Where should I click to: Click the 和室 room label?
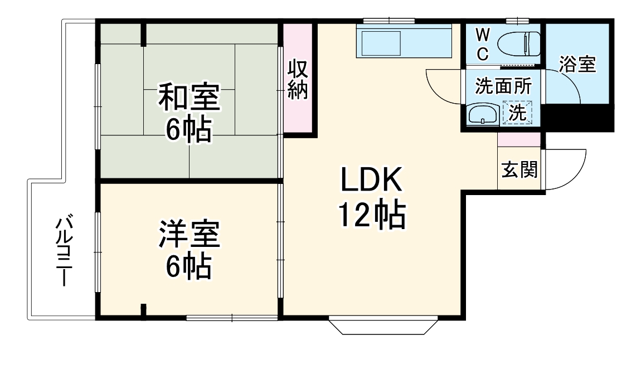pyautogui.click(x=189, y=96)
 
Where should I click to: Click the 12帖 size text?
pyautogui.click(x=372, y=215)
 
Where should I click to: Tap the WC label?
pyautogui.click(x=483, y=45)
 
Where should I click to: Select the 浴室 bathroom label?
pyautogui.click(x=577, y=65)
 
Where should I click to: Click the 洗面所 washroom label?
pyautogui.click(x=503, y=86)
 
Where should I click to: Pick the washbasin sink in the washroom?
pyautogui.click(x=483, y=115)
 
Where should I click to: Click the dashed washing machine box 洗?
pyautogui.click(x=517, y=113)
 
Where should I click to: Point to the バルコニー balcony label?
pyautogui.click(x=63, y=250)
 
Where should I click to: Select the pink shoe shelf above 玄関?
pyautogui.click(x=519, y=139)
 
